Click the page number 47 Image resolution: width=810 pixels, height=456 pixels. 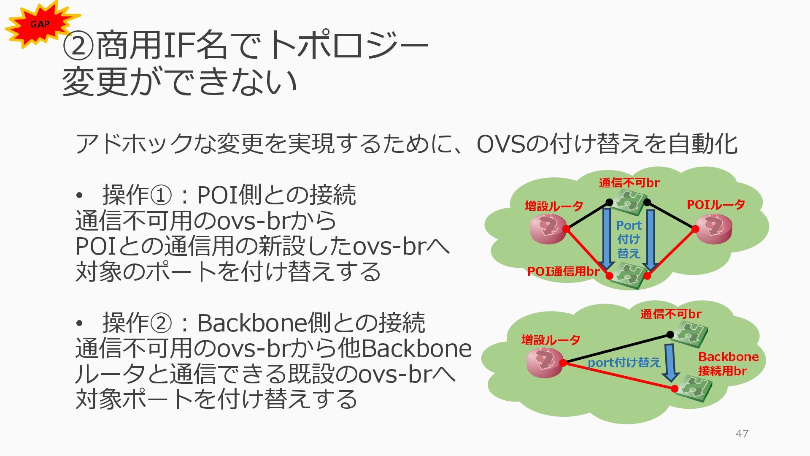pos(742,434)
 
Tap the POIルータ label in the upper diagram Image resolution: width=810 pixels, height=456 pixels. pos(715,205)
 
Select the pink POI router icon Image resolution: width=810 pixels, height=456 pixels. pos(714,229)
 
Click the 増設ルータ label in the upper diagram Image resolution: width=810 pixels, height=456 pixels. pos(553,206)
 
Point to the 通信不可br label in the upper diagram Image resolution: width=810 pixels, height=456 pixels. pos(629,183)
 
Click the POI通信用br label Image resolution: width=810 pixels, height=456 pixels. pos(563,271)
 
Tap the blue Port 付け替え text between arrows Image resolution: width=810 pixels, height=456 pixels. pos(629,239)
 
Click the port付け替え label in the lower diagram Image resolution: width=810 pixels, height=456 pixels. pos(624,363)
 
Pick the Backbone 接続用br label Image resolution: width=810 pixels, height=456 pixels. pos(728,364)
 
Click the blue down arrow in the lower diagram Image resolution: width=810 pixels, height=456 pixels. pos(670,362)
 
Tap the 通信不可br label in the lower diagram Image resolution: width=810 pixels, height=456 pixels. pos(670,314)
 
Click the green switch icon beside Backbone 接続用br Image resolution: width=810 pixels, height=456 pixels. pos(693,388)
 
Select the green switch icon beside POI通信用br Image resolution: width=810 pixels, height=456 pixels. pos(629,275)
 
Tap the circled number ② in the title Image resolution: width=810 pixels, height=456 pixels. pos(78,46)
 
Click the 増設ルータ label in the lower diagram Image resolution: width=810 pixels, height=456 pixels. pos(551,340)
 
